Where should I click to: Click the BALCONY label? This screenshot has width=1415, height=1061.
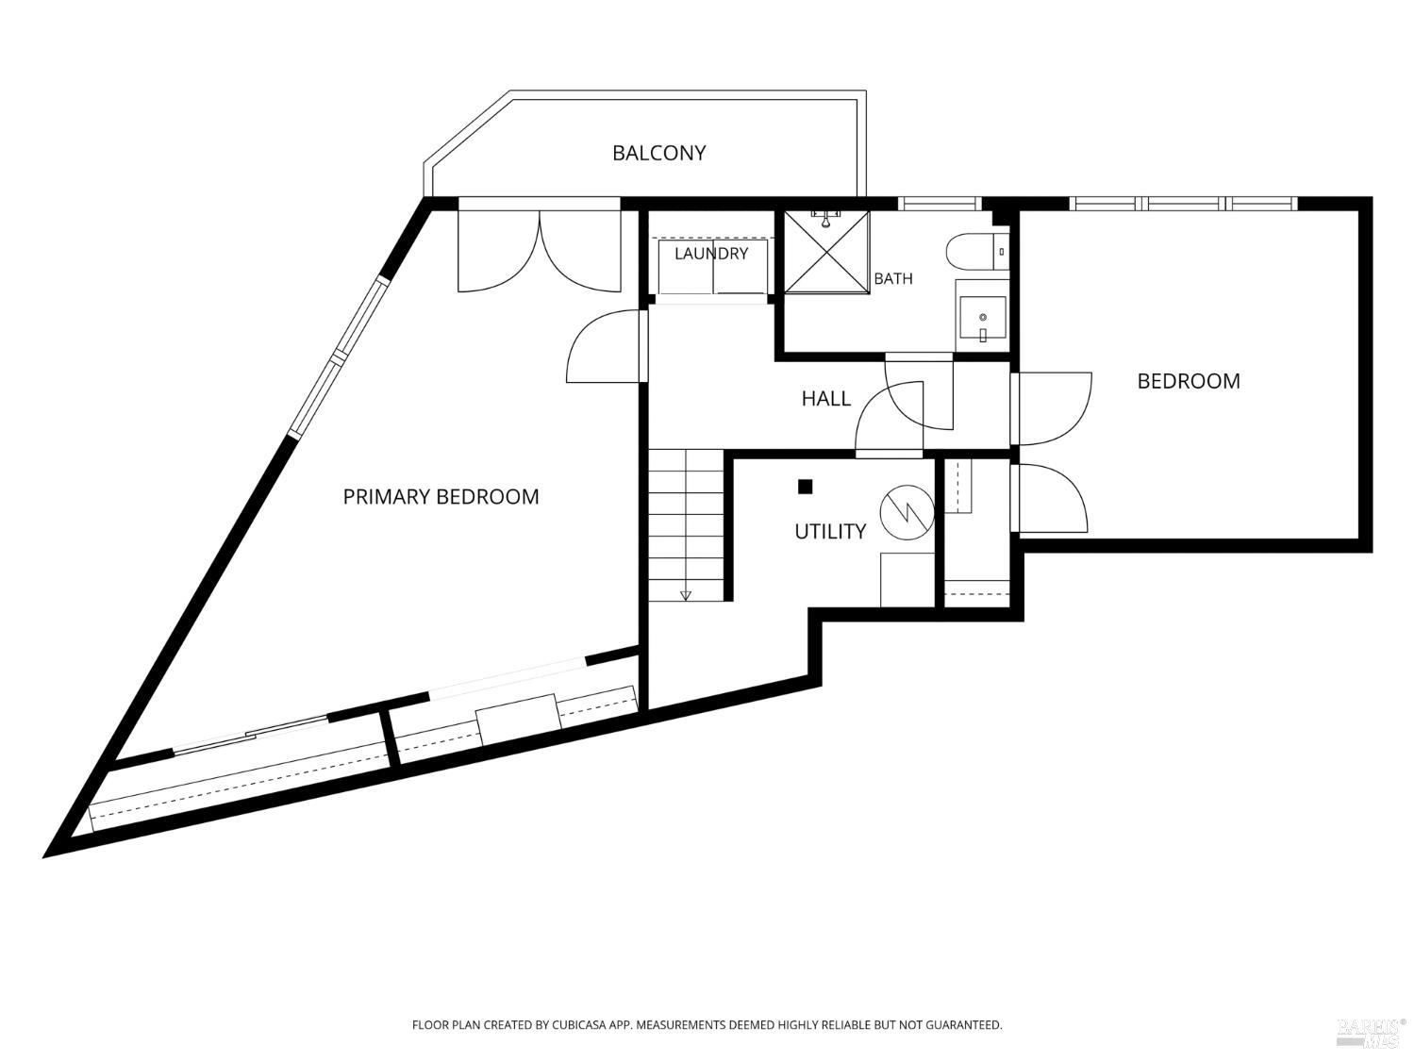click(658, 153)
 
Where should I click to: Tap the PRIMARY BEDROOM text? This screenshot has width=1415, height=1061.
click(441, 497)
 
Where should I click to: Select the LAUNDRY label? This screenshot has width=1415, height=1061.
click(711, 253)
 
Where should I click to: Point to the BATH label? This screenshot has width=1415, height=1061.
click(892, 278)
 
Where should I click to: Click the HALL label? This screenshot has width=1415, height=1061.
click(825, 398)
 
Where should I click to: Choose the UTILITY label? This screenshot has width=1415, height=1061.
click(830, 532)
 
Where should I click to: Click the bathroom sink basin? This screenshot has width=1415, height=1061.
click(982, 318)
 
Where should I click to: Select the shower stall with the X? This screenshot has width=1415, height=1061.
click(826, 252)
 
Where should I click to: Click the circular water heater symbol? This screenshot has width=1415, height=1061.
click(907, 513)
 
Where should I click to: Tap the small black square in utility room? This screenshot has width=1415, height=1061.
click(805, 487)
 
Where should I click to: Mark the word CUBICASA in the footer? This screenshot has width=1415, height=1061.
click(579, 1024)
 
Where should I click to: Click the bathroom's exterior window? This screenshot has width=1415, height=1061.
click(940, 204)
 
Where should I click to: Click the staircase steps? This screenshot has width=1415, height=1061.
click(686, 525)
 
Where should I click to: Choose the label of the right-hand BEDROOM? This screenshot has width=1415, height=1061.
click(1188, 381)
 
